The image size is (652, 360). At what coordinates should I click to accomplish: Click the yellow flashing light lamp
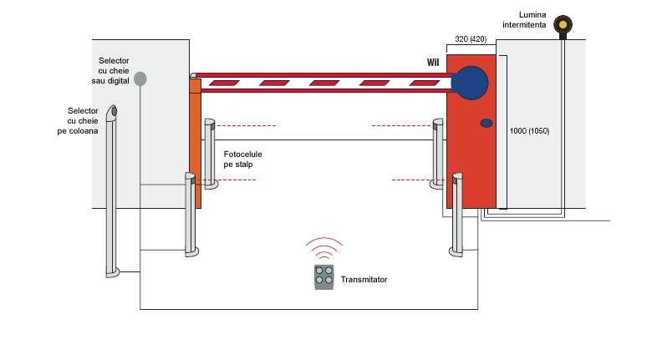(x=563, y=24)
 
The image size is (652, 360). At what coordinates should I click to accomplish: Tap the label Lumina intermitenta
(x=524, y=20)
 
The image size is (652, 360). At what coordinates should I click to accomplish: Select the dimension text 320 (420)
(x=471, y=39)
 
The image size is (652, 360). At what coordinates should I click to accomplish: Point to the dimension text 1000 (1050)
(x=529, y=131)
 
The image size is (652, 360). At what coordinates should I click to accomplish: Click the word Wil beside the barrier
(x=433, y=63)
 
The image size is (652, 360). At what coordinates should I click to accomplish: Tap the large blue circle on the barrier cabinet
(x=470, y=83)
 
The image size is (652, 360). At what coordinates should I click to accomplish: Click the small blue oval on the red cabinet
(x=486, y=123)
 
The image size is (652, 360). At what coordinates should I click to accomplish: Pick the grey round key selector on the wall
(x=140, y=79)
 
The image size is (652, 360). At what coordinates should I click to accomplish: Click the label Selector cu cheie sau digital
(x=110, y=71)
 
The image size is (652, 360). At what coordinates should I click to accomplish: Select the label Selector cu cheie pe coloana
(x=79, y=120)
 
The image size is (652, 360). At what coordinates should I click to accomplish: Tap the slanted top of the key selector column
(x=112, y=112)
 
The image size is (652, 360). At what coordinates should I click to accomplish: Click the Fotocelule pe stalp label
(x=243, y=160)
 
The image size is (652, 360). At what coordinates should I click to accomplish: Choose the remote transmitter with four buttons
(x=324, y=276)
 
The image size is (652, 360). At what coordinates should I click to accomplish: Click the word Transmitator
(x=364, y=279)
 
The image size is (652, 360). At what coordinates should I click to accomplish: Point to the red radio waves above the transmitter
(x=324, y=248)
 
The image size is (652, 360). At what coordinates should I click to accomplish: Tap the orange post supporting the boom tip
(x=195, y=144)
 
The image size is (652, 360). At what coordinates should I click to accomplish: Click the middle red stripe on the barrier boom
(x=324, y=84)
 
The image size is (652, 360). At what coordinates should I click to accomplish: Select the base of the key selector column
(x=113, y=272)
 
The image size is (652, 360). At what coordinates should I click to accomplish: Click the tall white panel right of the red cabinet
(x=502, y=132)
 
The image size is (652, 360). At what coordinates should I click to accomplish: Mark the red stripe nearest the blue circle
(x=425, y=84)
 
